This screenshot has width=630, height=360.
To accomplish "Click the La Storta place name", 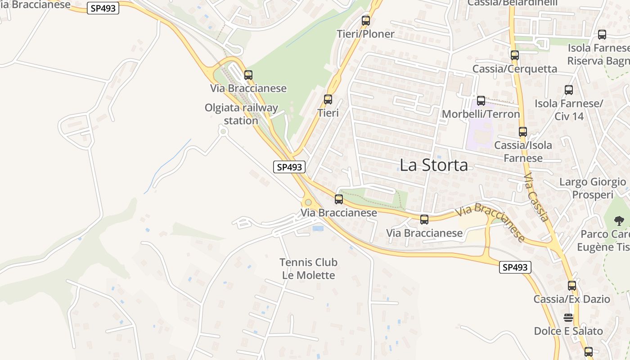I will [x=433, y=165].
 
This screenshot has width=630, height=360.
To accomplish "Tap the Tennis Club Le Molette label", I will [x=308, y=269].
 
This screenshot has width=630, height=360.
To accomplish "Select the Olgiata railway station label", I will [x=241, y=114].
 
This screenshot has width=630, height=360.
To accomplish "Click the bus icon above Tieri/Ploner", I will [x=366, y=21].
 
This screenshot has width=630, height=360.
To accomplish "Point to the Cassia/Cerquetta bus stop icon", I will [x=515, y=55].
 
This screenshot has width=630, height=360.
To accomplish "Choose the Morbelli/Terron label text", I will [x=481, y=114].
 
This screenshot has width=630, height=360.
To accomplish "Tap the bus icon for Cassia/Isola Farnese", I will [x=522, y=132].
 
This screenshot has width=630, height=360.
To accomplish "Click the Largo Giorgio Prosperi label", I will [x=592, y=188].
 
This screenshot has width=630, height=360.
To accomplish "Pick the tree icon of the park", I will [x=619, y=220].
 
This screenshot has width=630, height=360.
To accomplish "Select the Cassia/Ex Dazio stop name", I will [x=571, y=299].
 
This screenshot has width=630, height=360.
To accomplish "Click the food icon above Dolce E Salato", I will [x=568, y=318].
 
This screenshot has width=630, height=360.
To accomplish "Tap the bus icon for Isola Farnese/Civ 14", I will [x=569, y=90].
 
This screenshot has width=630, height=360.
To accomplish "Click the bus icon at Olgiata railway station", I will [x=248, y=75].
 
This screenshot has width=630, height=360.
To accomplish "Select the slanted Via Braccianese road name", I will [x=490, y=222].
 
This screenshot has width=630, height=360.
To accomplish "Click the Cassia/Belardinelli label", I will [x=512, y=3].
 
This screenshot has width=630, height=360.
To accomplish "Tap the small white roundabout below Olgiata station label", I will [x=222, y=131].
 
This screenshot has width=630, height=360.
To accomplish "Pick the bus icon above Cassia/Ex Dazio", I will [x=571, y=285].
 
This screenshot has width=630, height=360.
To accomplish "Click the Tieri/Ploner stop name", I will [x=365, y=34].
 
